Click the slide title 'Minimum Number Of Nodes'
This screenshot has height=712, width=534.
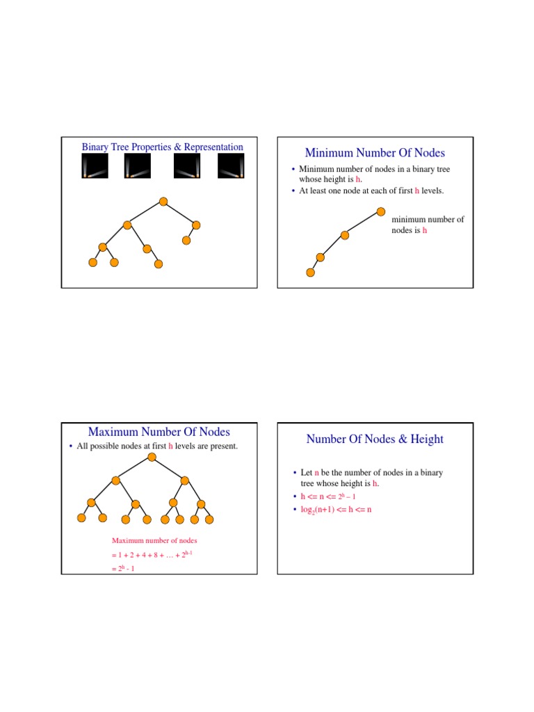click(375, 153)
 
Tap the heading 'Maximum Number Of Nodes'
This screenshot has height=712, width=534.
click(159, 432)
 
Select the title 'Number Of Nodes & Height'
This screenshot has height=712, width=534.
click(375, 439)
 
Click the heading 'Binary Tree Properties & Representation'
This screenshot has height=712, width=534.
click(163, 147)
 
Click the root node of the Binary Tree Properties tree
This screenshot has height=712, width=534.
click(163, 202)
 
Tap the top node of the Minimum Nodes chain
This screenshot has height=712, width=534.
click(381, 211)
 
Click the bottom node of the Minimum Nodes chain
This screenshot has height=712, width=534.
click(310, 273)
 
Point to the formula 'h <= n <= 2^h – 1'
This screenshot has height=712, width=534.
click(327, 497)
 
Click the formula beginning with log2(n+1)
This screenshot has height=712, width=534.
click(336, 510)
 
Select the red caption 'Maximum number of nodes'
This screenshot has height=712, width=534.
click(154, 540)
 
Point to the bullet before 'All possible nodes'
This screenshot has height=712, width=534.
click(72, 446)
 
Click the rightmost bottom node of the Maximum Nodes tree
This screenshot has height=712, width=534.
click(209, 519)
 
